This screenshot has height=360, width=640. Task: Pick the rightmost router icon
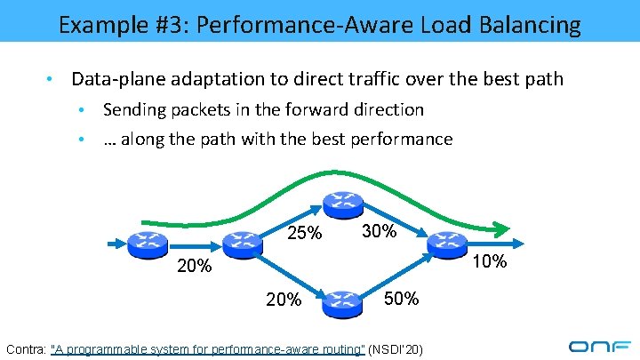pos(447,241)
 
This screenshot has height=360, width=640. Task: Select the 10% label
pos(488,262)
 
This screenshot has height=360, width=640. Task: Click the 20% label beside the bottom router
pos(283,300)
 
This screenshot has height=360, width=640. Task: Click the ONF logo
pos(599,347)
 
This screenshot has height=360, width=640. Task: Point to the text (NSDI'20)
pos(396,348)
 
